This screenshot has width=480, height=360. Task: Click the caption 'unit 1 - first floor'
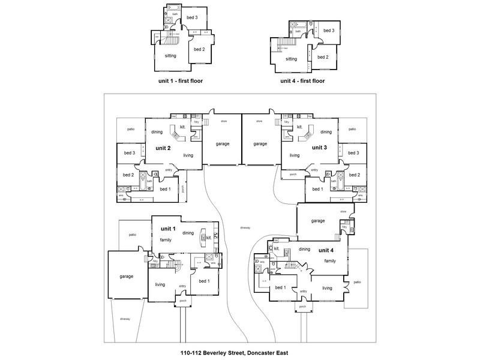[x=179, y=80]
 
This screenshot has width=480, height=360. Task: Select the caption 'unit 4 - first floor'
[x=302, y=80]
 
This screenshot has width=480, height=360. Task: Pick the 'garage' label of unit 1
[x=126, y=276]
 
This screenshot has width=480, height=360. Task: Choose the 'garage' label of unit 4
[x=317, y=221]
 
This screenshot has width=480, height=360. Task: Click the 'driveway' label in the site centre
[x=244, y=227]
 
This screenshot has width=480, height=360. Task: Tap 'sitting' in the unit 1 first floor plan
[x=170, y=56]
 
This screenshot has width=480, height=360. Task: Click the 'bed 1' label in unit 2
[x=165, y=189]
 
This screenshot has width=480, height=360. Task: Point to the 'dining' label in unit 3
[x=326, y=132]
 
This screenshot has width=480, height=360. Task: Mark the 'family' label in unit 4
[x=330, y=261]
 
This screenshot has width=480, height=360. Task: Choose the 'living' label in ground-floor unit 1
[x=160, y=284]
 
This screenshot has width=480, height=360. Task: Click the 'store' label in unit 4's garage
[x=344, y=211]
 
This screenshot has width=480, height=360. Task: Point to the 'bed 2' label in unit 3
[x=353, y=175]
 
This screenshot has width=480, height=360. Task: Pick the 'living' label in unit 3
[x=294, y=155]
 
